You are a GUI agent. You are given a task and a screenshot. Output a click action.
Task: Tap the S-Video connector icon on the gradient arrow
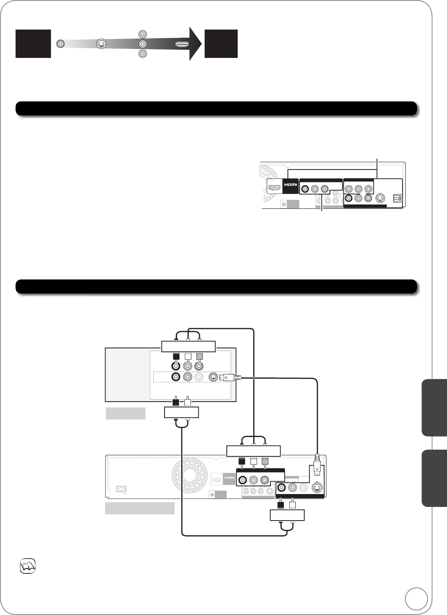pyautogui.click(x=101, y=44)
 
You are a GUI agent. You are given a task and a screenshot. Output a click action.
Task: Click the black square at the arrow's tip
pyautogui.click(x=221, y=44)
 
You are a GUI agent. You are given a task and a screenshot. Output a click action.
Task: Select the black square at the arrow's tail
pyautogui.click(x=33, y=44)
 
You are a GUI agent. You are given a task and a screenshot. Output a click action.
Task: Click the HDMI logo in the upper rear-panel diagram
pyautogui.click(x=290, y=185)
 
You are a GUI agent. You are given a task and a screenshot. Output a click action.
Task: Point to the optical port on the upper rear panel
pyautogui.click(x=396, y=198)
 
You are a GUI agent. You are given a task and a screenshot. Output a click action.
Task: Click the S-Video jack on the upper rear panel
pyautogui.click(x=380, y=198)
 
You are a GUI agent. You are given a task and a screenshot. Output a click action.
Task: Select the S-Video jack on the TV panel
pyautogui.click(x=213, y=377)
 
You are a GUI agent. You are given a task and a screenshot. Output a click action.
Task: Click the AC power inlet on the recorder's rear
pyautogui.click(x=122, y=489)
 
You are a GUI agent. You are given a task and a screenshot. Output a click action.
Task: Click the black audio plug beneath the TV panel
pyautogui.click(x=176, y=400)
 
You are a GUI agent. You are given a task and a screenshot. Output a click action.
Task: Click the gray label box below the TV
pyautogui.click(x=126, y=413)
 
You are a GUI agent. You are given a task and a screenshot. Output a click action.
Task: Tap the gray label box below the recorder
pyautogui.click(x=140, y=508)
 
